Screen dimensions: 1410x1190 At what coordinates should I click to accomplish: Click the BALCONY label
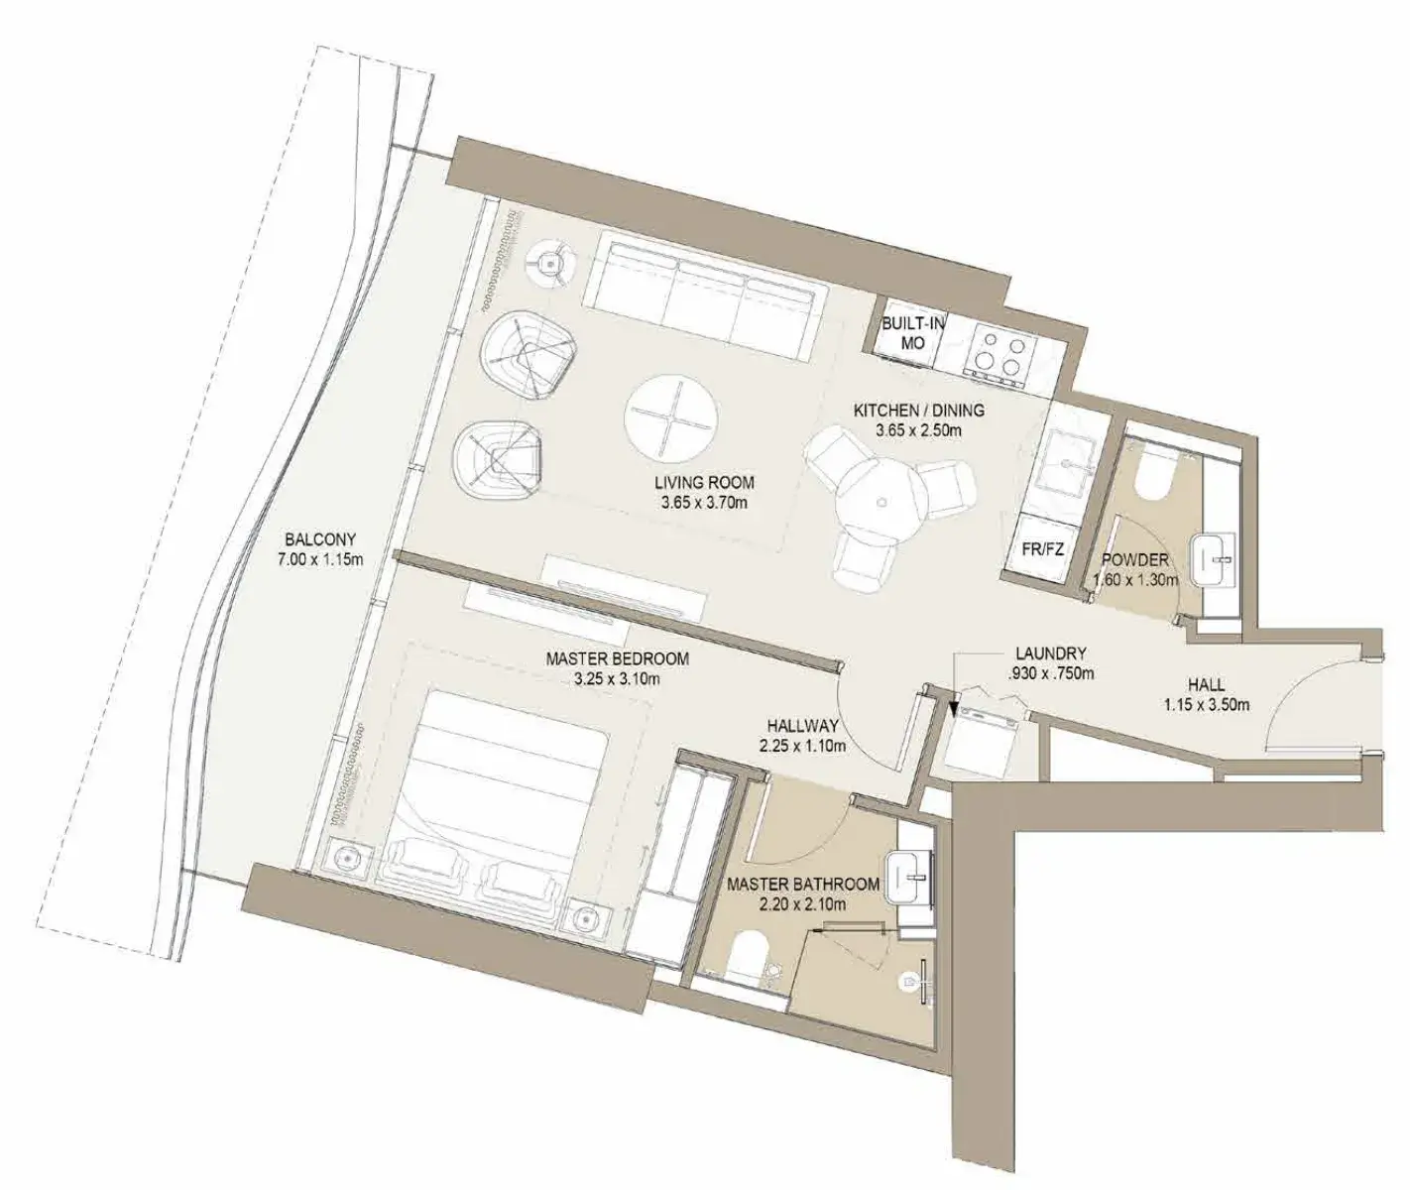tap(320, 539)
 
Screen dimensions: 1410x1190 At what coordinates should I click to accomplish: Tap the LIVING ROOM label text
tap(704, 483)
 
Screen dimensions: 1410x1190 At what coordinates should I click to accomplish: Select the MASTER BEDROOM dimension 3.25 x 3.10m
tap(617, 678)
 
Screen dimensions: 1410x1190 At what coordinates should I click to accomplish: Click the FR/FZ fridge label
tap(1043, 549)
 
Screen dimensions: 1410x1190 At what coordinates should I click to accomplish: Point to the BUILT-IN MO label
tap(913, 333)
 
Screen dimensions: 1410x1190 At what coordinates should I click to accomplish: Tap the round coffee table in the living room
tap(671, 418)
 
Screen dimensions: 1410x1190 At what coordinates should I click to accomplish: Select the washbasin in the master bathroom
tap(909, 878)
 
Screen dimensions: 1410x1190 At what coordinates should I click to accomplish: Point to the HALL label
tap(1207, 685)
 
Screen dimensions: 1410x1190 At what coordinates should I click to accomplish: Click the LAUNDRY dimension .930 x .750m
tap(1051, 673)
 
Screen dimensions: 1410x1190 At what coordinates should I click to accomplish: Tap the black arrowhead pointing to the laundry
tap(954, 708)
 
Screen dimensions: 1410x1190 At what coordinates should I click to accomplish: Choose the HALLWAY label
tap(803, 726)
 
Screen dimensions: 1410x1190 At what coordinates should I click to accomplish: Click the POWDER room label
tap(1134, 560)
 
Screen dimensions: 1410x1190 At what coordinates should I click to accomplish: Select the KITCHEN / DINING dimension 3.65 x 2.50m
tap(918, 430)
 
